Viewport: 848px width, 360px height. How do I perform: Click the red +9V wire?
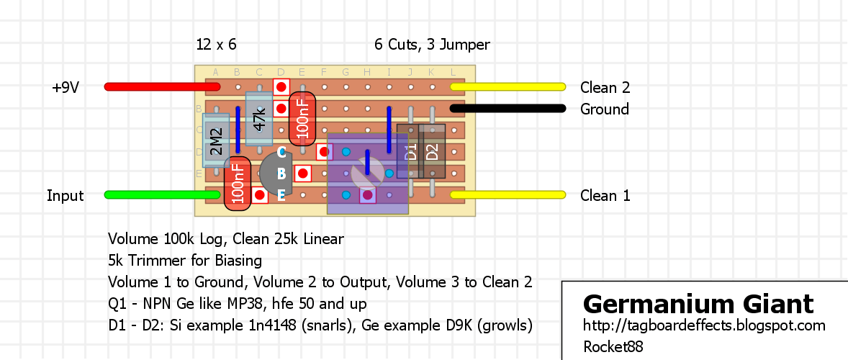tap(162, 86)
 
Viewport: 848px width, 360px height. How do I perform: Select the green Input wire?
tap(162, 194)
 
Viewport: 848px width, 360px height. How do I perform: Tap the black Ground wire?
tap(508, 109)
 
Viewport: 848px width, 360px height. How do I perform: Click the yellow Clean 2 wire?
tap(508, 86)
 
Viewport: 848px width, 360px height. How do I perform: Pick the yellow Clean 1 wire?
tap(508, 194)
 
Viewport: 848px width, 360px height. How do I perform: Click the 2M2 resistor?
tap(216, 140)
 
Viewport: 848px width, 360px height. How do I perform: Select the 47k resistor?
tap(259, 119)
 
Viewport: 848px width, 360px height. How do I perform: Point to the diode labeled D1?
tap(410, 151)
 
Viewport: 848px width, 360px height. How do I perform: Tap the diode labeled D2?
tap(432, 151)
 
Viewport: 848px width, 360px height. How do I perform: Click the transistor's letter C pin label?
tap(281, 153)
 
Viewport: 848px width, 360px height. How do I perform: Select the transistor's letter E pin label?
tap(281, 196)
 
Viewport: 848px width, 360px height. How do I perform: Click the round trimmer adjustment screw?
tap(367, 174)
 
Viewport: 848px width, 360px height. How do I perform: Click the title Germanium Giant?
tap(698, 305)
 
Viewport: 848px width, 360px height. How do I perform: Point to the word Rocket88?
tap(613, 346)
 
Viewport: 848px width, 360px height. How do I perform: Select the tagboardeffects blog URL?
tap(705, 326)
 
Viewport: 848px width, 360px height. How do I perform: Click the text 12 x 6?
tap(217, 45)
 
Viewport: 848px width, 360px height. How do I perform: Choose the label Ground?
tap(605, 109)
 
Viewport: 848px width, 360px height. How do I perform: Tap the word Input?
tap(66, 196)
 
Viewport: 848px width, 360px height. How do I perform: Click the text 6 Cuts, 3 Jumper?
tap(432, 45)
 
